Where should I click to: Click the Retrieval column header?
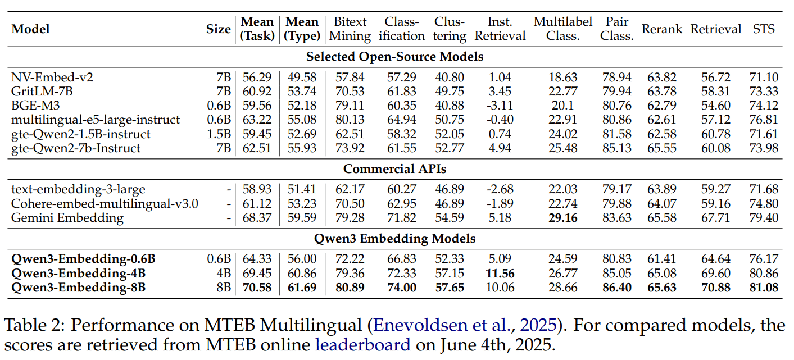pyautogui.click(x=715, y=29)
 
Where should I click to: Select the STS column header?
pyautogui.click(x=764, y=29)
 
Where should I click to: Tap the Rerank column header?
pyautogui.click(x=661, y=29)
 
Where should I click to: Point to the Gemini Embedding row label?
pyautogui.click(x=67, y=217)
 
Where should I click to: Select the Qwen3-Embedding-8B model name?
pyautogui.click(x=79, y=288)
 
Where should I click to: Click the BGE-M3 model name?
pyautogui.click(x=34, y=105)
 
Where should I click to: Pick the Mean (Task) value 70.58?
pyautogui.click(x=257, y=288)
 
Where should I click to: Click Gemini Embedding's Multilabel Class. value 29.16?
pyautogui.click(x=563, y=217)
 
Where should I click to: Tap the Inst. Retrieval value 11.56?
pyautogui.click(x=500, y=274)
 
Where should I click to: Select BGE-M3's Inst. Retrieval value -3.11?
pyautogui.click(x=500, y=105)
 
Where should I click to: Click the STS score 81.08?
pyautogui.click(x=764, y=288)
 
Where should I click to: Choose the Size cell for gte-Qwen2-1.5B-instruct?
pyautogui.click(x=220, y=134)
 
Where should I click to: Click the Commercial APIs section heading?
pyautogui.click(x=394, y=168)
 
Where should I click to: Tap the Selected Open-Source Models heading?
pyautogui.click(x=394, y=56)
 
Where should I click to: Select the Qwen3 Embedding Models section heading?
pyautogui.click(x=394, y=239)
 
